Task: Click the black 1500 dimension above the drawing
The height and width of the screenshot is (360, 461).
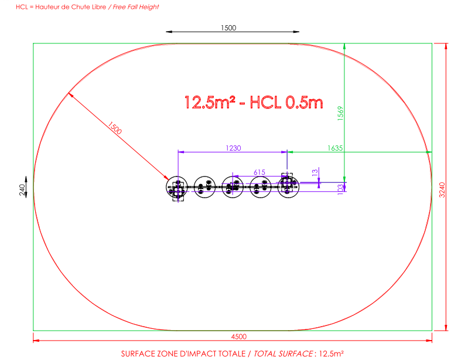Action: pos(228,28)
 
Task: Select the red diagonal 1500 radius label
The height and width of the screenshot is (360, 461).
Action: pos(115,128)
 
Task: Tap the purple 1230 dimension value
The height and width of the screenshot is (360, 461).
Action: pos(234,148)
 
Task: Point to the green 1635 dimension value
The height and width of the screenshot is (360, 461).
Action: pos(335,148)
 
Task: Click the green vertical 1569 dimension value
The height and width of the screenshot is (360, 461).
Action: pos(340,113)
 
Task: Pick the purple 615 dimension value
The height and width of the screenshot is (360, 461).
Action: pos(259,172)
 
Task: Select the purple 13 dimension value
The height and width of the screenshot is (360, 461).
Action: pos(315,172)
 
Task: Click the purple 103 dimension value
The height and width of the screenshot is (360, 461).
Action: pos(340,189)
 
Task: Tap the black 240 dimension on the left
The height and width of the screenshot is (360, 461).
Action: pos(22,189)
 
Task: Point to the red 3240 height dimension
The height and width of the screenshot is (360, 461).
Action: pos(442,190)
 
